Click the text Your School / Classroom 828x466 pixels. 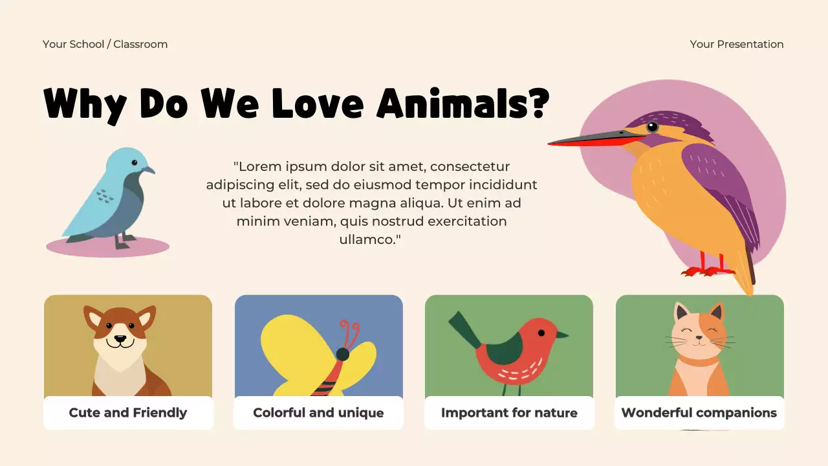(105, 44)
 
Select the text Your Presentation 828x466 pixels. (736, 44)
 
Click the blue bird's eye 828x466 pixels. (135, 162)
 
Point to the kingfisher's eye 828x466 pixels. (652, 126)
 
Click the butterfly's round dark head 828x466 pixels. (342, 354)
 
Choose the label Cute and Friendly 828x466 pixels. (128, 413)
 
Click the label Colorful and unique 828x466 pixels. (318, 413)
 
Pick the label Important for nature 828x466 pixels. (509, 413)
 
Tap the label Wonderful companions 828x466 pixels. (699, 413)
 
